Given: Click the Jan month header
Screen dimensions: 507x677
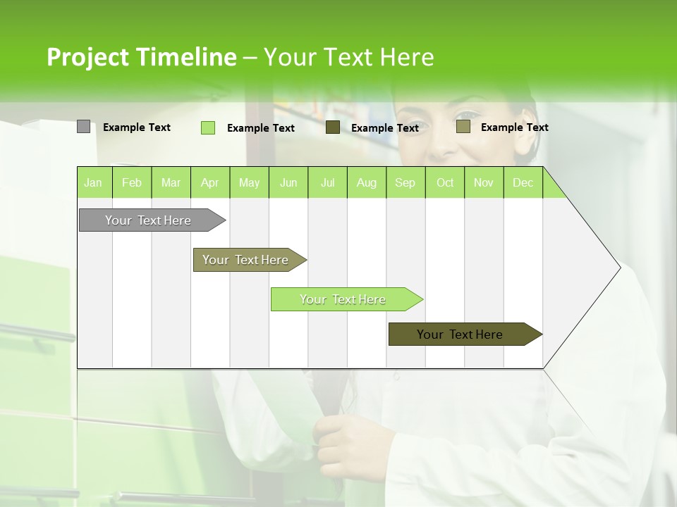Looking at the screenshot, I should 93,182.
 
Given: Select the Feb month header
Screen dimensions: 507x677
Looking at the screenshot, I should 132,182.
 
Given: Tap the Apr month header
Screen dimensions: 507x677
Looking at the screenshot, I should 209,182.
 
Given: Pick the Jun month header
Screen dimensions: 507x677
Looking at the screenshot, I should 288,182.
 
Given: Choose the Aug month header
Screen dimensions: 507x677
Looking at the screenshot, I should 366,182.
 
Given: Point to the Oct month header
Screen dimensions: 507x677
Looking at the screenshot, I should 445,182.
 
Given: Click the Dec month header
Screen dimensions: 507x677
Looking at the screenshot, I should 523,182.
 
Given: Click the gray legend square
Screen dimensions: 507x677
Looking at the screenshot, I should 83,127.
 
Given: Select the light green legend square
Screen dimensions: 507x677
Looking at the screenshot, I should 207,127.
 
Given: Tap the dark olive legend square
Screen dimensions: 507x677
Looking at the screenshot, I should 333,127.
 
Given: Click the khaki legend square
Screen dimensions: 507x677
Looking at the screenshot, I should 463,127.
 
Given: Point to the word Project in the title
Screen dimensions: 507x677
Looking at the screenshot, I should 88,57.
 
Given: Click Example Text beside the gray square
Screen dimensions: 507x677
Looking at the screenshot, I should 137,127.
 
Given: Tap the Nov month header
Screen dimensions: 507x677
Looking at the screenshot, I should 484,182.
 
